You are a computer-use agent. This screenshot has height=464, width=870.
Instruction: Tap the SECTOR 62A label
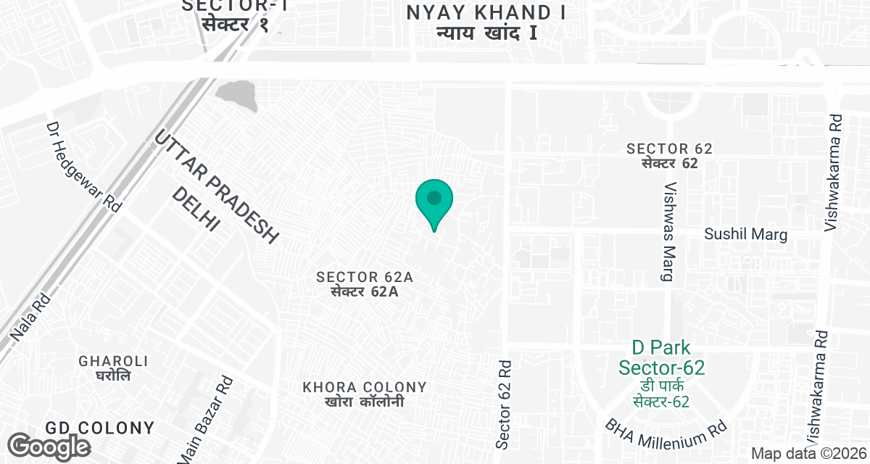click(x=365, y=284)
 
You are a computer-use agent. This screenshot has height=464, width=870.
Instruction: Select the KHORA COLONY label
click(x=365, y=394)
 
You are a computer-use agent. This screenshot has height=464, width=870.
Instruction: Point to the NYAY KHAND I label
click(x=486, y=22)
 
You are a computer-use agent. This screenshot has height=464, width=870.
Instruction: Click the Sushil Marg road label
click(x=746, y=234)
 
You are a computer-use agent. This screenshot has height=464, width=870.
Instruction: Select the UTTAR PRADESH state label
click(x=217, y=188)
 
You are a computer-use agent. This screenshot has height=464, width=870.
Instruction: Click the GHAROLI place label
click(x=114, y=368)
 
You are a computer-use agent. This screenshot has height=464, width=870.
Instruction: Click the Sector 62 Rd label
click(x=505, y=404)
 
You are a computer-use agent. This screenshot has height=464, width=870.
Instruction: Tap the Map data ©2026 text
click(x=808, y=453)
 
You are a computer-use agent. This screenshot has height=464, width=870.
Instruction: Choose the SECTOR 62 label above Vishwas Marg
click(x=670, y=155)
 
